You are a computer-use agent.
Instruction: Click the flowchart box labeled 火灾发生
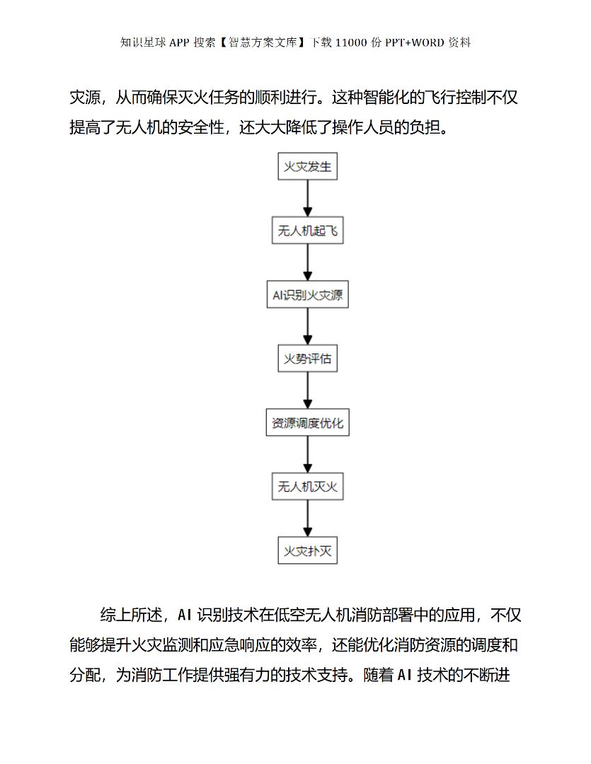pyautogui.click(x=307, y=167)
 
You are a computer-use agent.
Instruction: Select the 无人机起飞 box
pyautogui.click(x=307, y=231)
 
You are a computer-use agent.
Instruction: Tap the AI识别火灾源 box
pyautogui.click(x=307, y=295)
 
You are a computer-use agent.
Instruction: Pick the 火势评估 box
pyautogui.click(x=307, y=359)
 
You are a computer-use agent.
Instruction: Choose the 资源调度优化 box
pyautogui.click(x=307, y=423)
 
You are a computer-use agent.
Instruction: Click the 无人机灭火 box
pyautogui.click(x=307, y=487)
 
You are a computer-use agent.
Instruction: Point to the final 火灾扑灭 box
pyautogui.click(x=307, y=551)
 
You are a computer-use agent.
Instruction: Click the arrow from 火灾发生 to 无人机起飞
pyautogui.click(x=307, y=199)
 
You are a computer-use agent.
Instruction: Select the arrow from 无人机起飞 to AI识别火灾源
pyautogui.click(x=307, y=263)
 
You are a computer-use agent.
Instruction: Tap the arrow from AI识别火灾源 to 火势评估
pyautogui.click(x=307, y=327)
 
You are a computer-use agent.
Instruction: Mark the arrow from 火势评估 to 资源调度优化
pyautogui.click(x=307, y=391)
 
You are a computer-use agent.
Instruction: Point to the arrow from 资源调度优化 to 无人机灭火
pyautogui.click(x=307, y=455)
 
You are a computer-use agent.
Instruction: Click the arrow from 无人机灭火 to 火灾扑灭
pyautogui.click(x=307, y=519)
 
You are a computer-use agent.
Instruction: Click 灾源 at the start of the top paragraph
pyautogui.click(x=85, y=98)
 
